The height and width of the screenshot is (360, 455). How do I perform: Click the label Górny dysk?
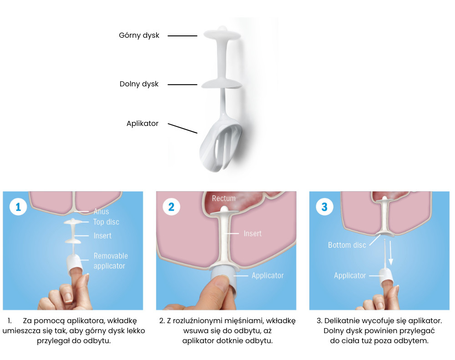[139, 35]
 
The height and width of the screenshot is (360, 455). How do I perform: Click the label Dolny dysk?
[139, 84]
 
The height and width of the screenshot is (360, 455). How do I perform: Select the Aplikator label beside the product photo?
[142, 124]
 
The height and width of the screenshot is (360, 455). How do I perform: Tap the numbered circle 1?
[18, 207]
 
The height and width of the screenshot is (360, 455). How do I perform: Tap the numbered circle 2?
[172, 207]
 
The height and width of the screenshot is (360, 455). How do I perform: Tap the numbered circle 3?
[324, 207]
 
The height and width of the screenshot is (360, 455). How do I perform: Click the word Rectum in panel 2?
[224, 199]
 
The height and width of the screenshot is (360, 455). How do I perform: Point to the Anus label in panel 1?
[101, 212]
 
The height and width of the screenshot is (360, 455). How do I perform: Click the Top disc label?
[106, 222]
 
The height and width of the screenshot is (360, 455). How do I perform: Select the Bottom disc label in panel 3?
[347, 245]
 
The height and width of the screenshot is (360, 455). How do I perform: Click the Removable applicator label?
[111, 261]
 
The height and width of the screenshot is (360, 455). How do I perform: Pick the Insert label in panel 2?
[253, 234]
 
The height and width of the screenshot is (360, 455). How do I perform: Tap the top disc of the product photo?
[222, 34]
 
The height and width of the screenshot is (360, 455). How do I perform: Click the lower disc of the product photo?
[222, 84]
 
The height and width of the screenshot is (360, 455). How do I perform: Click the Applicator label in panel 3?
[350, 275]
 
